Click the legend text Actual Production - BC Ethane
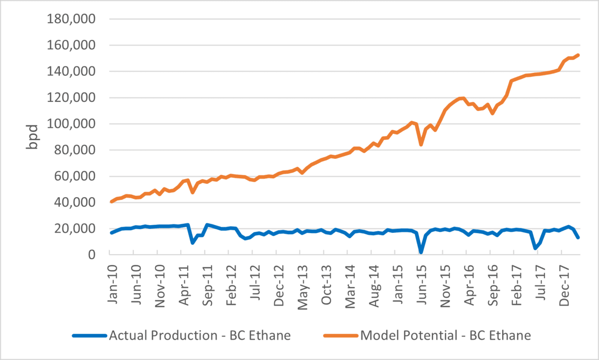pyautogui.click(x=199, y=335)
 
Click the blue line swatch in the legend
pyautogui.click(x=89, y=336)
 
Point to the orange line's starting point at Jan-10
pyautogui.click(x=111, y=202)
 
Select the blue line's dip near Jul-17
pyautogui.click(x=535, y=248)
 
